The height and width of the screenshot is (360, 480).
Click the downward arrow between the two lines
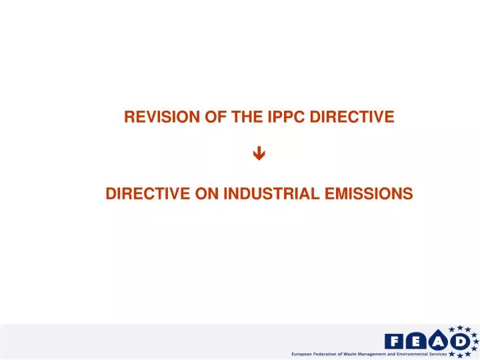259,155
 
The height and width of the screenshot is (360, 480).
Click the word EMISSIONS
370,194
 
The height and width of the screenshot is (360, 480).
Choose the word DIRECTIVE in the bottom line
149,194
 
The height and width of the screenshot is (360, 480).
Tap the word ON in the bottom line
207,194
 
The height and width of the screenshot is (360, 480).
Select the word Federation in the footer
331,354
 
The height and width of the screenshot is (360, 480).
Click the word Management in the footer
389,354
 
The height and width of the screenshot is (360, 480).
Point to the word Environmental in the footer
431,354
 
